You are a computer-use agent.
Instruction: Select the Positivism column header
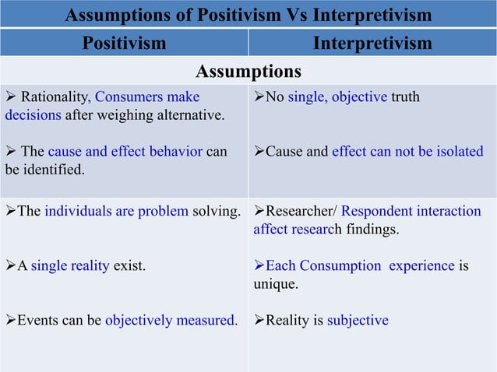[x=124, y=43]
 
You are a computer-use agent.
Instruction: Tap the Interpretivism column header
[x=372, y=43]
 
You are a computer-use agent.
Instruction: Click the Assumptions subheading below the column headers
[x=248, y=72]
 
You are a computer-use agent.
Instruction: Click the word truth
[x=405, y=97]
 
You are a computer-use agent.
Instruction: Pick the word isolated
[x=456, y=152]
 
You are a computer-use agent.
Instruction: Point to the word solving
[x=214, y=211]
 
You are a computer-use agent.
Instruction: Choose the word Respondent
[x=379, y=211]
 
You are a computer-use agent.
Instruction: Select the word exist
[x=129, y=265]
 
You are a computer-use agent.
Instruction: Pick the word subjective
[x=358, y=320]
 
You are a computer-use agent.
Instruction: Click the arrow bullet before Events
[x=11, y=320]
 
